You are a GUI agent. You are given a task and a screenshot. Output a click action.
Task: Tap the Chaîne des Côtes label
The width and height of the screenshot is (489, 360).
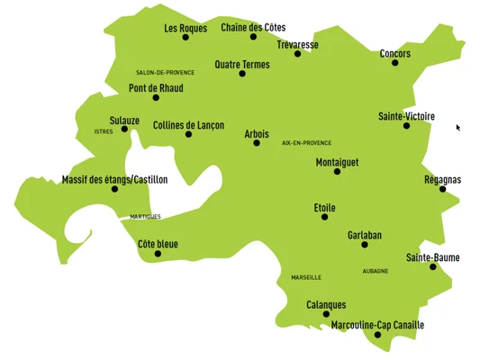pyautogui.click(x=253, y=28)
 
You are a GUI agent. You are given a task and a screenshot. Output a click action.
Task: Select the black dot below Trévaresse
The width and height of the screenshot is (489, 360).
pyautogui.click(x=298, y=54)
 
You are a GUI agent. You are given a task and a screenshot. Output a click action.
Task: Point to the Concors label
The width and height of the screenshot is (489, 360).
pyautogui.click(x=394, y=53)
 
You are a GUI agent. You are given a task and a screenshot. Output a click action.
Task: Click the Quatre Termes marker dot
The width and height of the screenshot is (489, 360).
pyautogui.click(x=242, y=74)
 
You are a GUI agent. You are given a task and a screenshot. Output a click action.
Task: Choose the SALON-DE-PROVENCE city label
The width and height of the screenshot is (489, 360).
pyautogui.click(x=165, y=72)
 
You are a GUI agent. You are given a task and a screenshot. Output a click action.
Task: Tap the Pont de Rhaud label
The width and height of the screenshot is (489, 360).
pyautogui.click(x=156, y=88)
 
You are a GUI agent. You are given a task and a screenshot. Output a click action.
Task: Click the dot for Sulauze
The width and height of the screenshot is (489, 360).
pyautogui.click(x=125, y=129)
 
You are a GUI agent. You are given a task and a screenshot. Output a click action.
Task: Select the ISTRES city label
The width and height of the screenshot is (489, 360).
pyautogui.click(x=104, y=131)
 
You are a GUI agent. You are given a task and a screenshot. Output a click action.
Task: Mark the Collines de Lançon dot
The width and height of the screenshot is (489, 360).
pyautogui.click(x=188, y=135)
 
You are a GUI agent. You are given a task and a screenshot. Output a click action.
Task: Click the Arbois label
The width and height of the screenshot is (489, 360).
pyautogui.click(x=257, y=133)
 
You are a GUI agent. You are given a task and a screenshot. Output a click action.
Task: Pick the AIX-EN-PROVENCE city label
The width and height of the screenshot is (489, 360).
pyautogui.click(x=306, y=142)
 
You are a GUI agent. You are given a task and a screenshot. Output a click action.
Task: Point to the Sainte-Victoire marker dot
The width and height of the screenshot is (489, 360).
pyautogui.click(x=406, y=126)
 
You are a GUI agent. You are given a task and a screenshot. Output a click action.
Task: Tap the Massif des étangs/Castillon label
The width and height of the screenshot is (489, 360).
pyautogui.click(x=114, y=180)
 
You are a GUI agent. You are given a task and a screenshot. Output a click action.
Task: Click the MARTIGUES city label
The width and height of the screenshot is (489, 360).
pyautogui.click(x=145, y=217)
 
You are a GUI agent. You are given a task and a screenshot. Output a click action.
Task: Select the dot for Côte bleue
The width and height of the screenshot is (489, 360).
pyautogui.click(x=158, y=254)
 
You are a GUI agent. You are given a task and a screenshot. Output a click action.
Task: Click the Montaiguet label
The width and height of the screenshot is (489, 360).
pyautogui.click(x=338, y=162)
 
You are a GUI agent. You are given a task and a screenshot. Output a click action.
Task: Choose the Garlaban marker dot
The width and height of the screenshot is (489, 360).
pyautogui.click(x=365, y=245)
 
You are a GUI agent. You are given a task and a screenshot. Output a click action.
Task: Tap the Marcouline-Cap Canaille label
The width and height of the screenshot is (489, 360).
pyautogui.click(x=377, y=325)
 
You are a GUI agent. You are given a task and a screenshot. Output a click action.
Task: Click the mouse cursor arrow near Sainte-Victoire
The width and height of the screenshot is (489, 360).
pyautogui.click(x=458, y=128)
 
